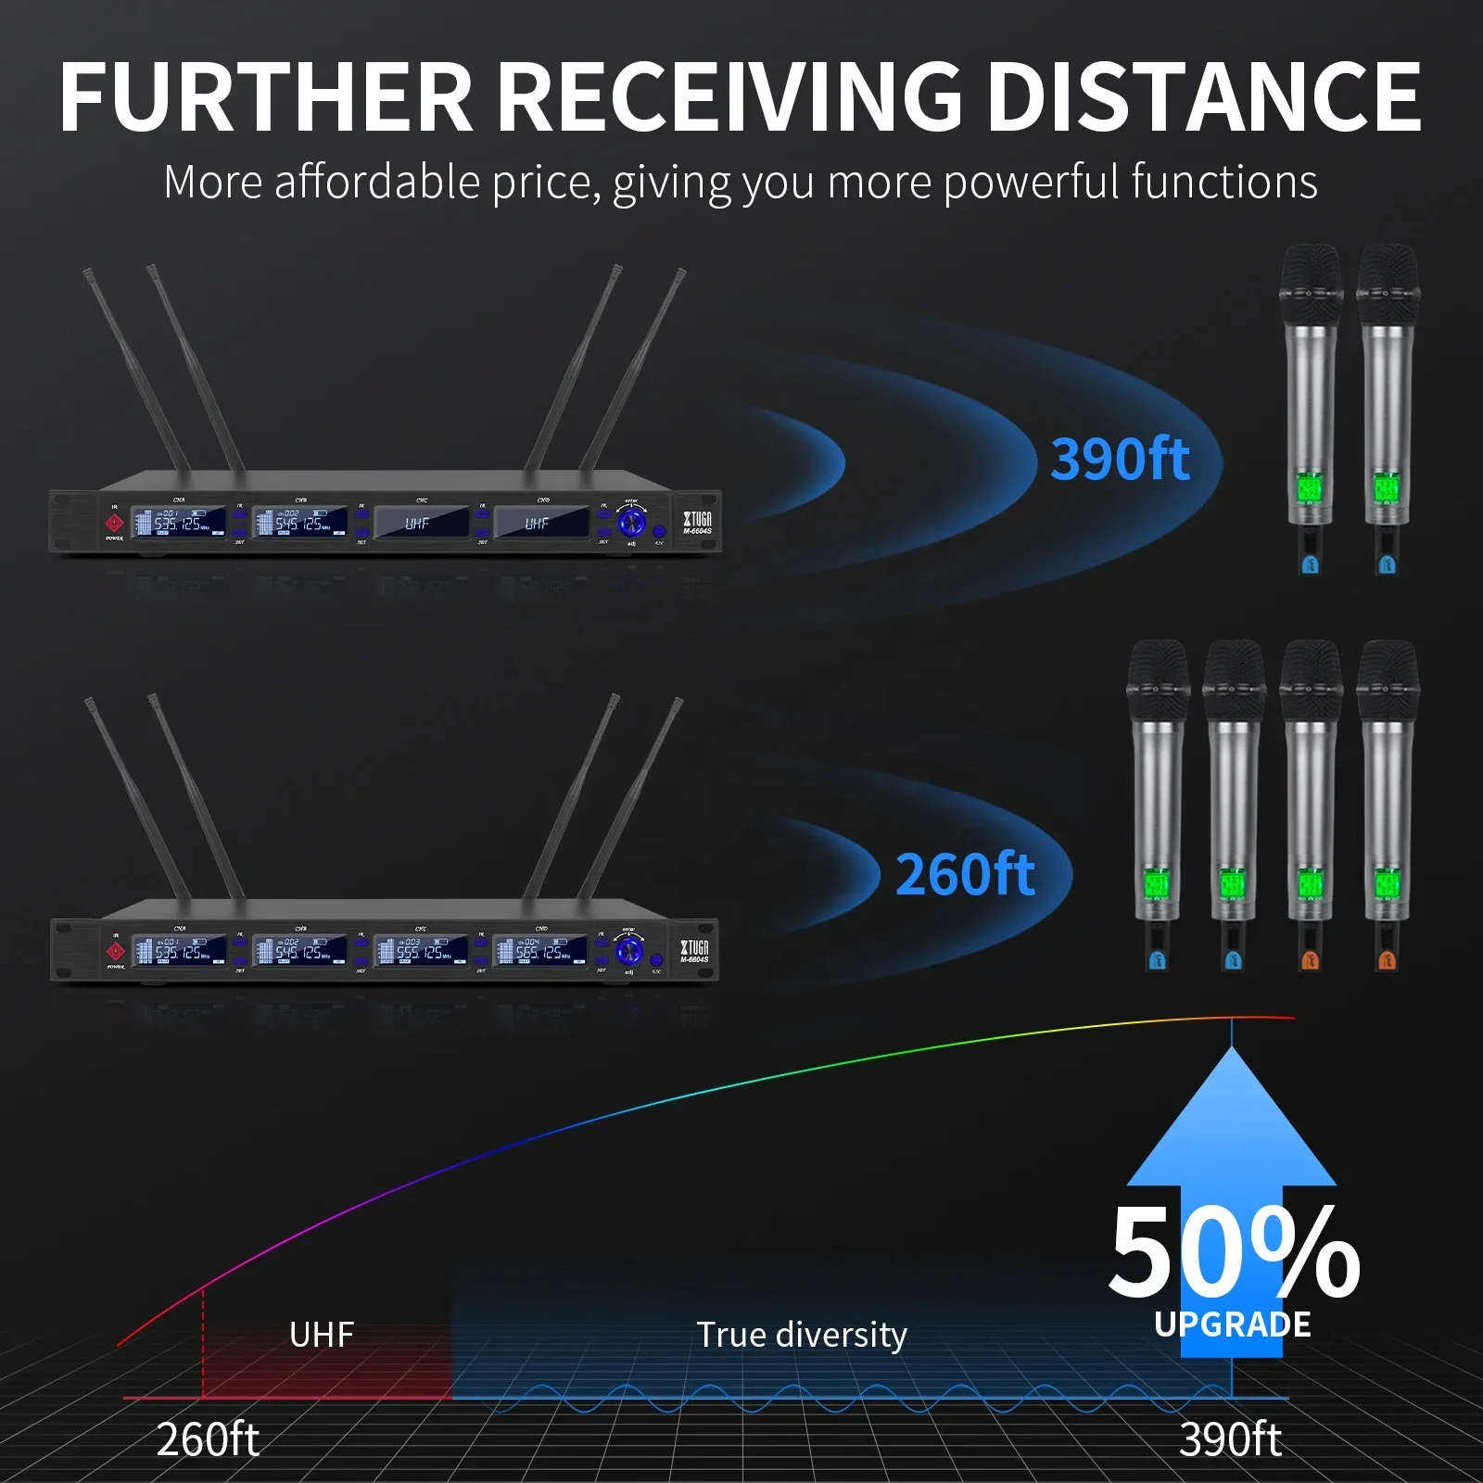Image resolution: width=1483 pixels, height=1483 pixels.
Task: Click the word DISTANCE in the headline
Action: pyautogui.click(x=1202, y=96)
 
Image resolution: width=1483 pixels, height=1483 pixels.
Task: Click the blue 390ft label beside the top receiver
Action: pyautogui.click(x=1120, y=459)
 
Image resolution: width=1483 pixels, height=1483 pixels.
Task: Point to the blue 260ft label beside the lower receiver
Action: pyautogui.click(x=965, y=874)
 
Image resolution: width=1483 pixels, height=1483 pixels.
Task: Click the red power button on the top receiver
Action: pyautogui.click(x=115, y=524)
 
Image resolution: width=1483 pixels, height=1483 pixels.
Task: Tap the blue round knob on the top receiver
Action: pyautogui.click(x=631, y=522)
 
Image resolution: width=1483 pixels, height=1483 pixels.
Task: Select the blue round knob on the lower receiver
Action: pyautogui.click(x=629, y=950)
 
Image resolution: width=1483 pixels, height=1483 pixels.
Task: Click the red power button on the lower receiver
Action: pyautogui.click(x=116, y=952)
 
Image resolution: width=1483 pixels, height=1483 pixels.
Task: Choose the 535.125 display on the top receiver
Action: pyautogui.click(x=179, y=523)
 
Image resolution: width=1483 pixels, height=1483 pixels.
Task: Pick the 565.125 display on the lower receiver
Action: pyautogui.click(x=540, y=951)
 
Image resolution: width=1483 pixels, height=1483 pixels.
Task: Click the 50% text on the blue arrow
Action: pyautogui.click(x=1233, y=1252)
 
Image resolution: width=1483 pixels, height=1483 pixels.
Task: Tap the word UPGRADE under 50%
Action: pyautogui.click(x=1233, y=1325)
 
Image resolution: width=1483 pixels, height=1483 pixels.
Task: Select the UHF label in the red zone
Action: pyautogui.click(x=322, y=1335)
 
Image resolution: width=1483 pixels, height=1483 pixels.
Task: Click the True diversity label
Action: pyautogui.click(x=802, y=1335)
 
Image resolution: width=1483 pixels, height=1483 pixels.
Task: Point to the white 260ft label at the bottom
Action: pyautogui.click(x=208, y=1439)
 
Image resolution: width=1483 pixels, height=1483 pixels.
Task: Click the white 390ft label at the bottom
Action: pyautogui.click(x=1230, y=1439)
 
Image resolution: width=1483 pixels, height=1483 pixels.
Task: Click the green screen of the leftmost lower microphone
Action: pyautogui.click(x=1156, y=883)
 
